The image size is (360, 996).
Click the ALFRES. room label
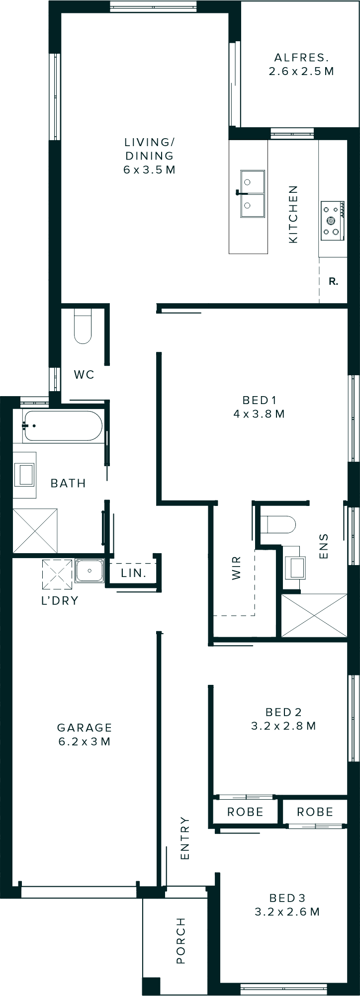(301, 58)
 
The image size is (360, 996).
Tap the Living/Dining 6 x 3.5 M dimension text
(149, 170)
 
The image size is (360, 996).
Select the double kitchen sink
(253, 194)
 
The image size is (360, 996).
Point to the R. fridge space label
(333, 281)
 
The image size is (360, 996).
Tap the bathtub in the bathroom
(63, 425)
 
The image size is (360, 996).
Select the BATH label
(68, 483)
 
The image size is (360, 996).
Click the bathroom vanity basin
(24, 475)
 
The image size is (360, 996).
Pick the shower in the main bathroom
(35, 530)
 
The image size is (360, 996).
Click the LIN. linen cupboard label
(133, 573)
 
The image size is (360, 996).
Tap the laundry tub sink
(90, 571)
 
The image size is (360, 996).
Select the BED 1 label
(259, 400)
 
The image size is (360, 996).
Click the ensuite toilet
(278, 524)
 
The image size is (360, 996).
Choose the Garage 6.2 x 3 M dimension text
(85, 742)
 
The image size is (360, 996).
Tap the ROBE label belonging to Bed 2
(245, 812)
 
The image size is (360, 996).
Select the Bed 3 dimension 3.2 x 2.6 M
(287, 912)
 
